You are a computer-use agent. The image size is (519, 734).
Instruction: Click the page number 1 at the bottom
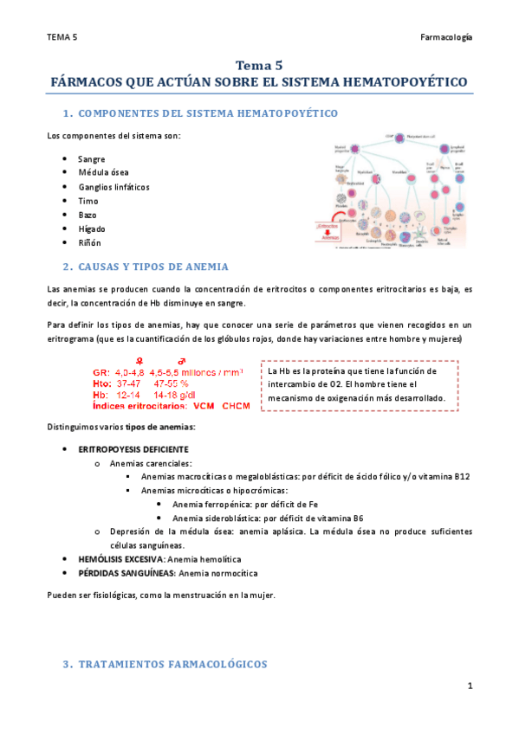[x=469, y=686]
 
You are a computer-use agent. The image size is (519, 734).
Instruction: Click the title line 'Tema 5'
[x=259, y=65]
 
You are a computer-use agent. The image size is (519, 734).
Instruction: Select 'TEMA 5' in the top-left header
[x=62, y=38]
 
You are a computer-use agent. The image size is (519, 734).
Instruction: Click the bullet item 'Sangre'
[x=91, y=159]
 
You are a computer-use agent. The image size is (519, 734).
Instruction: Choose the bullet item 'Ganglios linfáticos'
[x=114, y=187]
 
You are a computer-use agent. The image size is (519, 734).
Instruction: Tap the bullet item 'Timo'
[x=88, y=201]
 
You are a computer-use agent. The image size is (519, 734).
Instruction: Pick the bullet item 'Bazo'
[x=88, y=214]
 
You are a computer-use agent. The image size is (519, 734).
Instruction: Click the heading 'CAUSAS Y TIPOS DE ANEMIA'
[x=152, y=266]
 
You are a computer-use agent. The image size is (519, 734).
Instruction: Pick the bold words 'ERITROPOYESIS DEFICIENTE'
[x=133, y=449]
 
